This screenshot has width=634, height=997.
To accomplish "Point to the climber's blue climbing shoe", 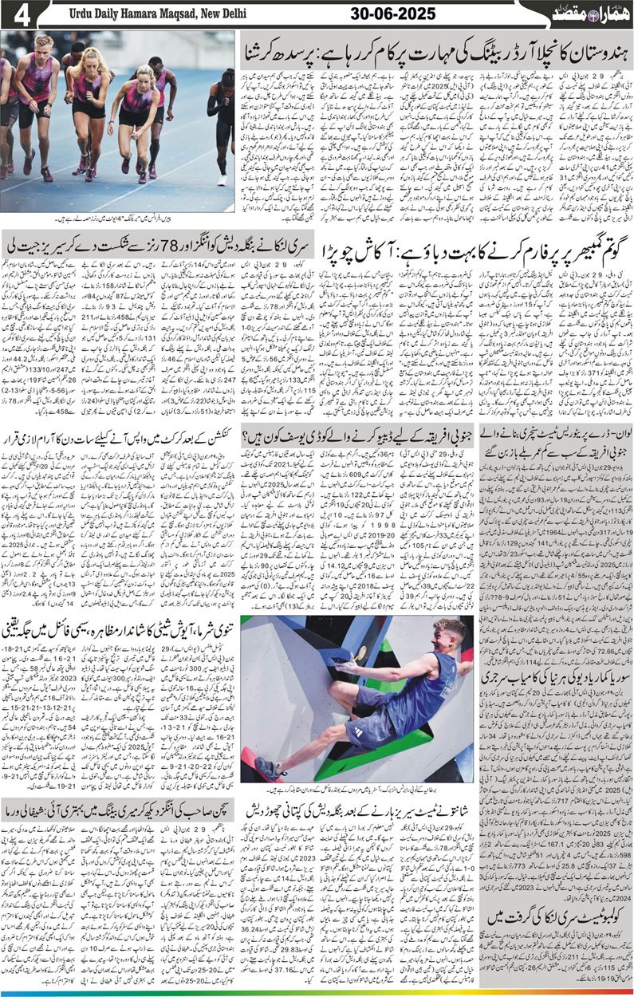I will [x=270, y=770].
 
